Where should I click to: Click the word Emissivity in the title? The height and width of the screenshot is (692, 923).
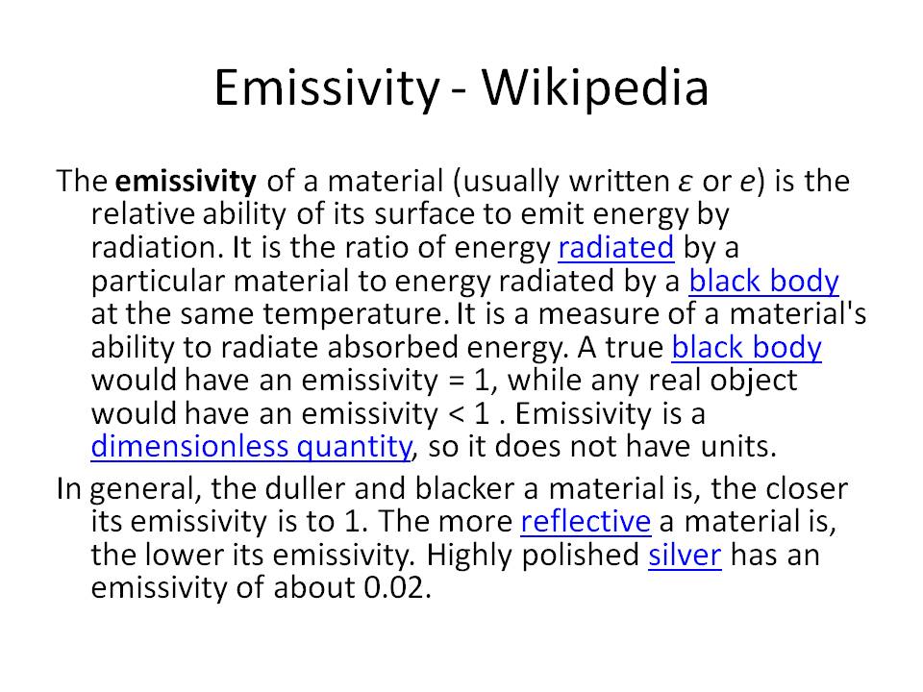(326, 88)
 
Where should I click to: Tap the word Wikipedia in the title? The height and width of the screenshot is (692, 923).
(595, 87)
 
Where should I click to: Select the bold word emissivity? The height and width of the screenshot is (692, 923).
(186, 182)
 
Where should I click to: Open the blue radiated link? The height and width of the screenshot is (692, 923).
(615, 248)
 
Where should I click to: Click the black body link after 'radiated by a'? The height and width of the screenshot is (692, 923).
(763, 282)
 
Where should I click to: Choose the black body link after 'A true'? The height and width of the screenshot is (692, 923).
(746, 348)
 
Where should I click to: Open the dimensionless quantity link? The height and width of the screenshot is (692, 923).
(252, 447)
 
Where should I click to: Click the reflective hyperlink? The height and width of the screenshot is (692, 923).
(586, 521)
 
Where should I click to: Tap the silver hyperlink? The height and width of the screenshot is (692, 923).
(685, 555)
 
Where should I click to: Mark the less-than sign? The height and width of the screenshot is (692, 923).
(456, 415)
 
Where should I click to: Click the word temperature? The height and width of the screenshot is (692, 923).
(356, 315)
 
